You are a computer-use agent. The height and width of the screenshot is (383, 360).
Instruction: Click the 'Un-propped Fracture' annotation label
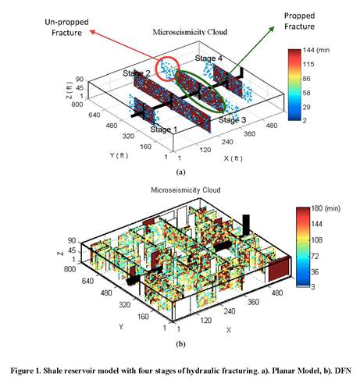(x=66, y=27)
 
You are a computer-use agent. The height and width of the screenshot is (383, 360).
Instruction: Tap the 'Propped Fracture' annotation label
(x=299, y=21)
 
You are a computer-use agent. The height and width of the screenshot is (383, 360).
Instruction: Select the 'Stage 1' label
(x=164, y=129)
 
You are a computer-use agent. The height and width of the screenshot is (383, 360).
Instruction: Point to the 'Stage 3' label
(x=232, y=120)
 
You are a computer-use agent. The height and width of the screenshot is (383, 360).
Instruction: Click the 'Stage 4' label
(x=209, y=59)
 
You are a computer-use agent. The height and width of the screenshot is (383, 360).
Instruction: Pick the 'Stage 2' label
(x=137, y=73)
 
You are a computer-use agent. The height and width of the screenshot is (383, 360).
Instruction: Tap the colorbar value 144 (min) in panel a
(x=316, y=50)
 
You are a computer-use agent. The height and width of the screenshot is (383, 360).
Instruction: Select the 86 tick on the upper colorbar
(x=307, y=78)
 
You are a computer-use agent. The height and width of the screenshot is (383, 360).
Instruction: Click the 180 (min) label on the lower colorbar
(x=326, y=208)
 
